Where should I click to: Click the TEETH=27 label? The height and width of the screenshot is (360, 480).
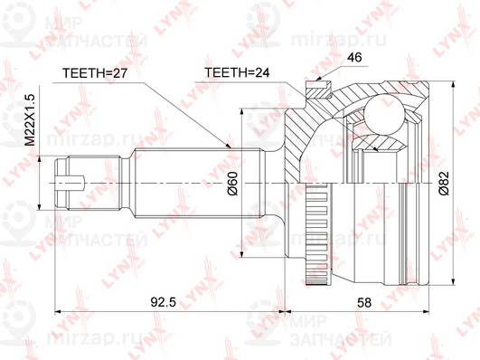click(x=95, y=73)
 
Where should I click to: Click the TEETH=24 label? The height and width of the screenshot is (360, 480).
click(x=237, y=72)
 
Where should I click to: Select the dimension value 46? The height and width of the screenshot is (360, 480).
click(x=355, y=57)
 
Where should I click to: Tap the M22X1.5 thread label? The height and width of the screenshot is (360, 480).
click(x=31, y=119)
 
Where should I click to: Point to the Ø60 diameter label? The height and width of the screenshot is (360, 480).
click(x=232, y=183)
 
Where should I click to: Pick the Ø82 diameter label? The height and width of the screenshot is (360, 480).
click(x=444, y=183)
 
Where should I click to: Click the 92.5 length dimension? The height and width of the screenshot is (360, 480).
click(x=164, y=302)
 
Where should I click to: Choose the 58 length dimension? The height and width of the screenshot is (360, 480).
click(x=364, y=302)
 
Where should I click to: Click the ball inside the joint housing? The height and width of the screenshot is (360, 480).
click(x=384, y=115)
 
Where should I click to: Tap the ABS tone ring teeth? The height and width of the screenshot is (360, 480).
click(x=317, y=234)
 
